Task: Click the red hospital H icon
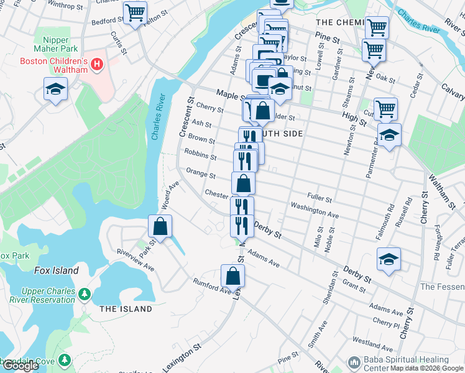(x=96, y=63)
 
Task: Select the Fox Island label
(x=56, y=270)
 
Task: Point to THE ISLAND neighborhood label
(x=126, y=309)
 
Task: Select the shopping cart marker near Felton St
(x=135, y=12)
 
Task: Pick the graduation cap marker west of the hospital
(x=55, y=89)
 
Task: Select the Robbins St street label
(x=200, y=154)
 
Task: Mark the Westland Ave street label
(x=372, y=343)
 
